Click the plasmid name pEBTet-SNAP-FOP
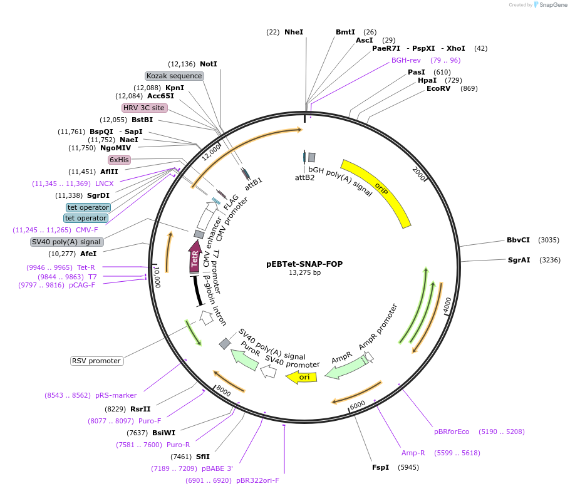click(x=304, y=264)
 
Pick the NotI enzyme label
click(x=209, y=64)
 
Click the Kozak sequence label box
click(x=174, y=76)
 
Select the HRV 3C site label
click(x=144, y=108)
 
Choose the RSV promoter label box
click(x=96, y=361)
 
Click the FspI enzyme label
click(x=380, y=467)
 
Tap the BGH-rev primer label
click(x=406, y=60)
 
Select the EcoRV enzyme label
click(x=438, y=88)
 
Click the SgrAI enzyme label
click(x=519, y=260)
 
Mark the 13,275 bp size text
click(x=304, y=273)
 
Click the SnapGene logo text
click(x=552, y=5)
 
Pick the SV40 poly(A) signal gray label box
click(x=66, y=242)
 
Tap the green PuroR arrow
click(x=245, y=359)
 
